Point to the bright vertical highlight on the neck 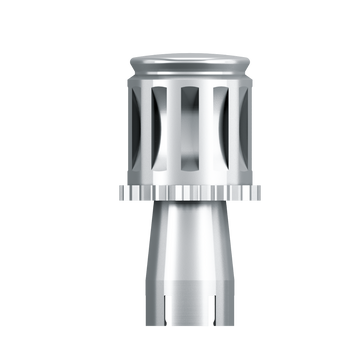click(171, 250)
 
